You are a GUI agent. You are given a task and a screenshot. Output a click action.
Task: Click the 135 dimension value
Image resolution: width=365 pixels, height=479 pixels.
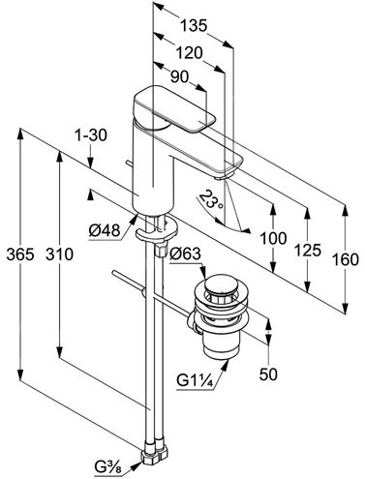193,26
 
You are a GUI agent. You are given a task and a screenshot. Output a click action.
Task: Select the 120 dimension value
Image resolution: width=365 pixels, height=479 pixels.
189,53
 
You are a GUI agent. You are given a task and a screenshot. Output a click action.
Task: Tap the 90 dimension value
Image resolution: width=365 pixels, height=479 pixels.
179,76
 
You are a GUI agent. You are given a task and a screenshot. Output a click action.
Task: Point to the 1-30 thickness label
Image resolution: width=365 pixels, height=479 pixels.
91,135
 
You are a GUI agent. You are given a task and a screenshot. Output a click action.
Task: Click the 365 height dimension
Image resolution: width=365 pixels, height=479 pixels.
20,254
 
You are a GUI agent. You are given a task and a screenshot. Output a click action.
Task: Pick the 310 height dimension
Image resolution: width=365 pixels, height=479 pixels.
60,254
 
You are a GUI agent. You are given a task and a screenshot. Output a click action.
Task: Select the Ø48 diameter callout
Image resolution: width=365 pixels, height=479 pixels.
105,230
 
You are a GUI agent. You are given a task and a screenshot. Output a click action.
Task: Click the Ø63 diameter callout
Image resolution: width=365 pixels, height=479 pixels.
185,254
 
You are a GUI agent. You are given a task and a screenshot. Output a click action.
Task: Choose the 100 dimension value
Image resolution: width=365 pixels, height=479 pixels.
273,239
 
